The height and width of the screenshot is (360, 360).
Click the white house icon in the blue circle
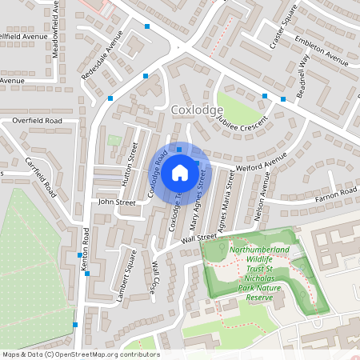click(x=180, y=172)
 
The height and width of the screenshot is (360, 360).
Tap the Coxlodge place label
click(x=196, y=110)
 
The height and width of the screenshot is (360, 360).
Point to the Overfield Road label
click(x=37, y=120)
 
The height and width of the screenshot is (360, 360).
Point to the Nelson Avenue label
click(x=258, y=203)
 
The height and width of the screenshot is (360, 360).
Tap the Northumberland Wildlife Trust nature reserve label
click(x=260, y=274)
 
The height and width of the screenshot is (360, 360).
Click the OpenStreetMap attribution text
click(x=80, y=354)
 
